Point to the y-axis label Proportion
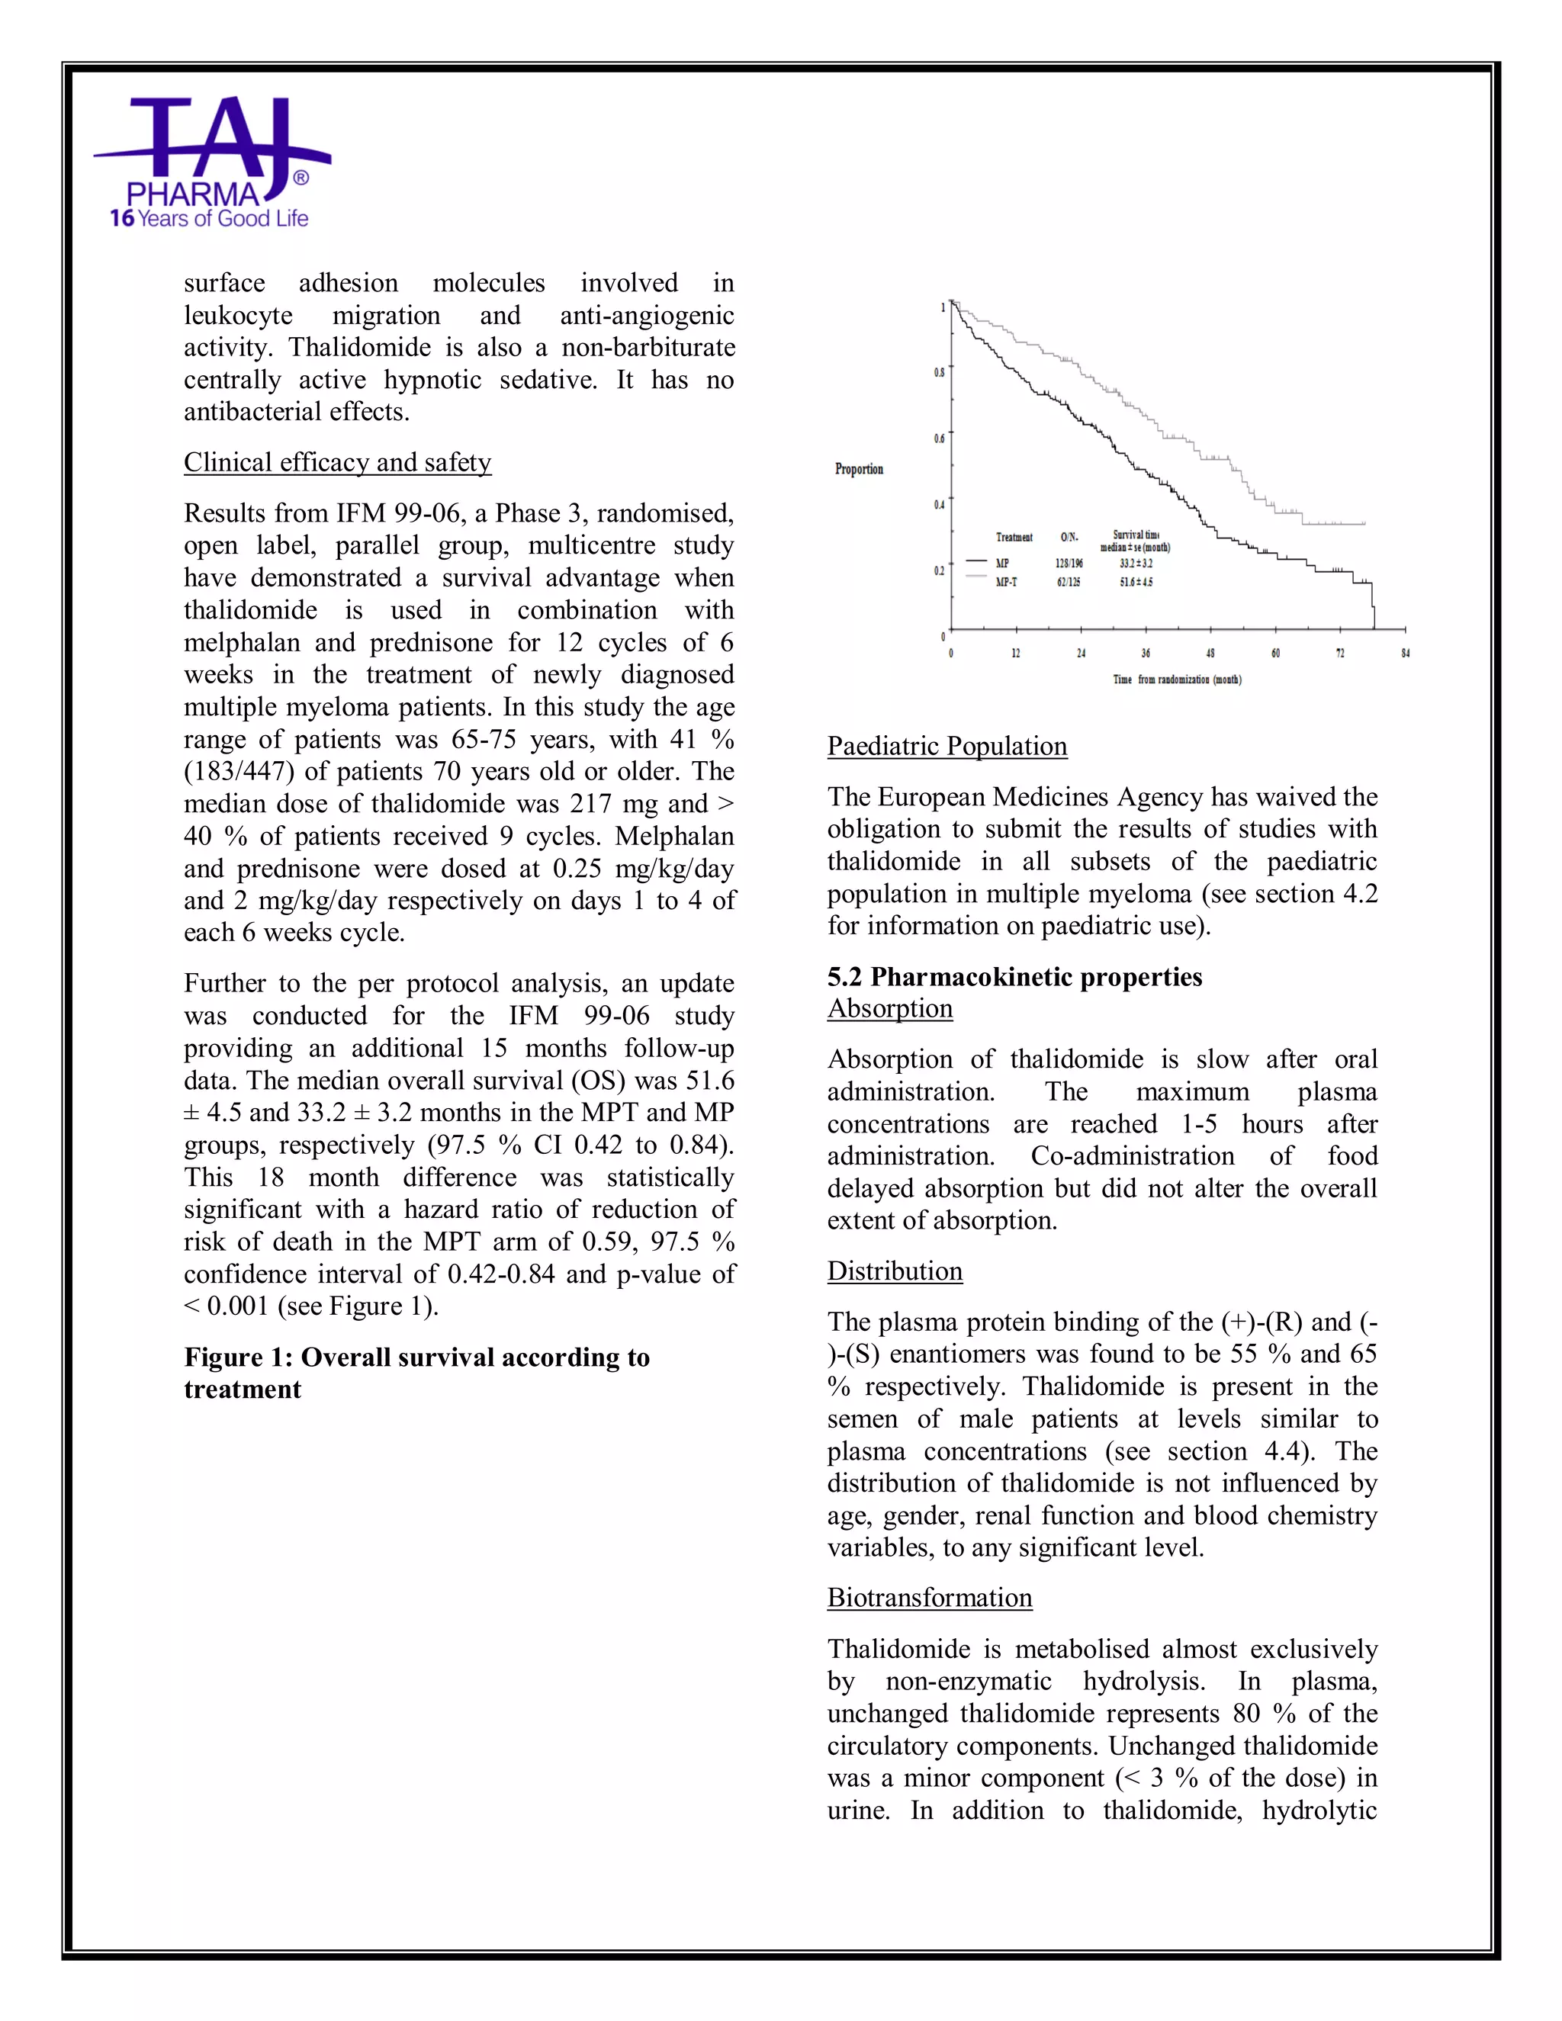pyautogui.click(x=859, y=469)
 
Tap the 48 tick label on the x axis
pyautogui.click(x=1210, y=654)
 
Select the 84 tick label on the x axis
pyautogui.click(x=1405, y=654)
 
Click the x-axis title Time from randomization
pyautogui.click(x=1176, y=680)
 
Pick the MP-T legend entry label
pyautogui.click(x=1006, y=582)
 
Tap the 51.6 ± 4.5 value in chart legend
pyautogui.click(x=1136, y=582)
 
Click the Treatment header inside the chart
pyautogui.click(x=1014, y=537)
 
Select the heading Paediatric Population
pyautogui.click(x=947, y=746)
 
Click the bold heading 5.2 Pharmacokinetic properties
pyautogui.click(x=1014, y=976)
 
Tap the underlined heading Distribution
pyautogui.click(x=894, y=1271)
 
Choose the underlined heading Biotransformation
pyautogui.click(x=929, y=1597)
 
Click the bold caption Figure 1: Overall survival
pyautogui.click(x=416, y=1357)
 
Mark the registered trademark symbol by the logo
pyautogui.click(x=300, y=177)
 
